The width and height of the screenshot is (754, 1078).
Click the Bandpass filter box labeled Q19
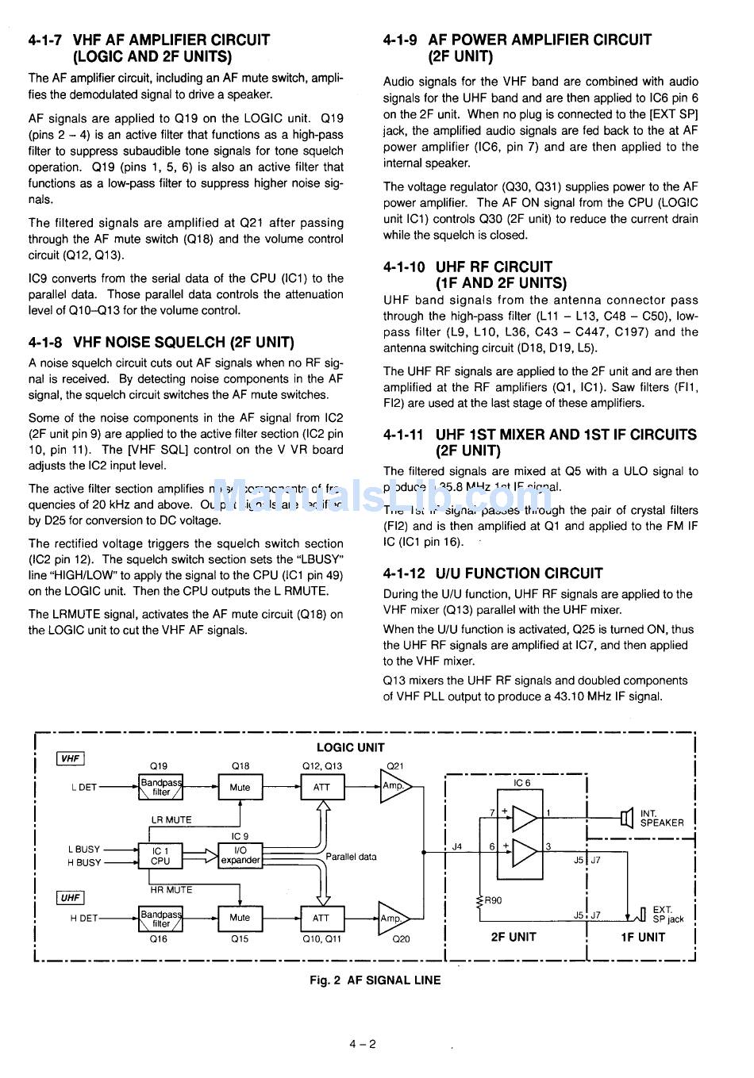coord(160,787)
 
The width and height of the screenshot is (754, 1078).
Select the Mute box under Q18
coord(240,788)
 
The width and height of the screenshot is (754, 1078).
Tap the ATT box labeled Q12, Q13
coord(321,788)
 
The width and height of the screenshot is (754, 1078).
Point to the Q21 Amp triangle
coord(394,786)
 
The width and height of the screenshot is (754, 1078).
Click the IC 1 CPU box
coord(160,855)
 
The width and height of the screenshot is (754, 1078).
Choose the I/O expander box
coord(240,855)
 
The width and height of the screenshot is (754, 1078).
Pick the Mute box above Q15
coord(240,918)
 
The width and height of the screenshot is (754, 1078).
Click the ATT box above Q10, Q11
coord(321,918)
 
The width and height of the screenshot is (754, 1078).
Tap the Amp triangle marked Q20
coord(392,919)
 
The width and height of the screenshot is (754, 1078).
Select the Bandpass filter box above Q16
coord(160,919)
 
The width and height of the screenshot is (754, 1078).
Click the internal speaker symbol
coord(627,817)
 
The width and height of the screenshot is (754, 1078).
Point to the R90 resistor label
coord(492,900)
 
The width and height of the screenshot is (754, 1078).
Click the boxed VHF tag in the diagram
coord(71,758)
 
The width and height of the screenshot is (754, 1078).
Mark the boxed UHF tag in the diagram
coord(71,897)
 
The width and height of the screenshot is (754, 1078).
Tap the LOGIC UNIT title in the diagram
coord(350,747)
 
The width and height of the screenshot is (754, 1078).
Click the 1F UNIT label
coord(642,937)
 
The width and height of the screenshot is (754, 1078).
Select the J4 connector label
coord(457,846)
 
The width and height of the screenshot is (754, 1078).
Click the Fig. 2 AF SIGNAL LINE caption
coord(375,980)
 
